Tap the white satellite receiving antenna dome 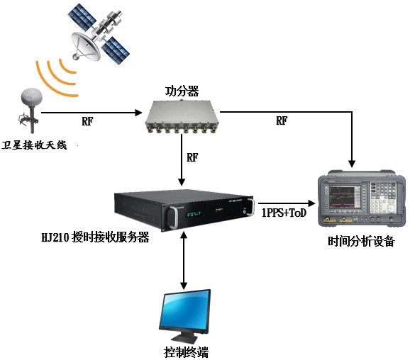(x=33, y=98)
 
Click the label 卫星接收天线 (x=34, y=145)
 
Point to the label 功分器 (x=182, y=91)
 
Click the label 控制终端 (x=186, y=351)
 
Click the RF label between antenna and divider (x=87, y=121)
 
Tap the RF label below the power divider (x=192, y=157)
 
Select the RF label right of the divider (x=282, y=121)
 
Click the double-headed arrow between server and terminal (x=184, y=259)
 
